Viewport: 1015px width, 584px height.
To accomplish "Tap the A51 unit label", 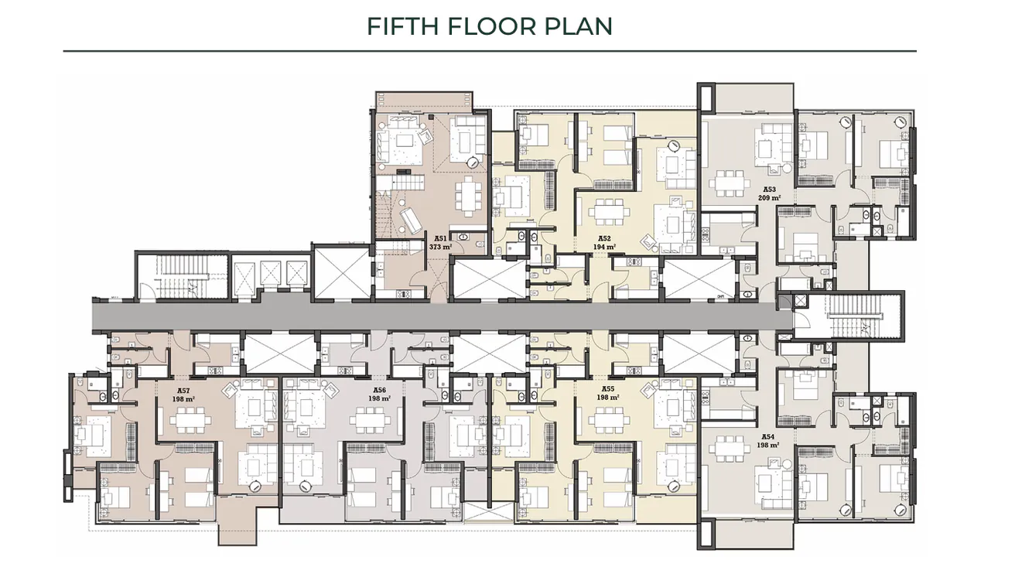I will click(x=439, y=238).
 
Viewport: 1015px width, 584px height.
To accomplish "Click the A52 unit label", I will click(x=604, y=238).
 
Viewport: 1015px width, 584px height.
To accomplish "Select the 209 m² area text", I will click(x=770, y=197).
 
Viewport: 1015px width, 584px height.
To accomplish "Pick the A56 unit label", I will click(x=379, y=390).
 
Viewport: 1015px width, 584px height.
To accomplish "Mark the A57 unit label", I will click(x=183, y=390).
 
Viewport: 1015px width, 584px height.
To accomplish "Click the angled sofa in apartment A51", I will click(x=412, y=220).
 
